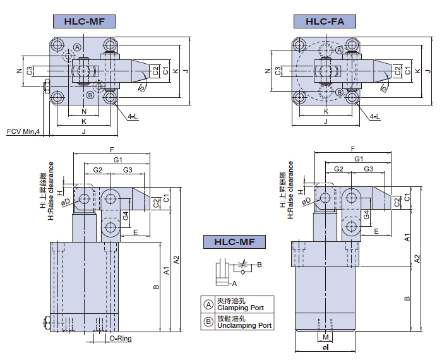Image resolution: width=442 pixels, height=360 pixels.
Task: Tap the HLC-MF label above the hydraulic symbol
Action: pos(234,241)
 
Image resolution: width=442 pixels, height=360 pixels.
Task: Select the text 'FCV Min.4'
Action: pos(23,131)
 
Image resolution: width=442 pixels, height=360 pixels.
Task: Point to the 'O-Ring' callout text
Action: pos(120,339)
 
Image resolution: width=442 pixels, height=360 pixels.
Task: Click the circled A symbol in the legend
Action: pos(208,304)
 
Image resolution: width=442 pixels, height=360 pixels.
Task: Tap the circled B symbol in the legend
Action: pos(208,321)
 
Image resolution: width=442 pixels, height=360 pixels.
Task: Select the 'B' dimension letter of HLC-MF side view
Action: pos(155,287)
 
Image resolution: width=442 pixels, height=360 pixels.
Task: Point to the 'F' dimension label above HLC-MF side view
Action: pos(112,150)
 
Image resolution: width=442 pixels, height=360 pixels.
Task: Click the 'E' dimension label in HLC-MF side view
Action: pos(136,232)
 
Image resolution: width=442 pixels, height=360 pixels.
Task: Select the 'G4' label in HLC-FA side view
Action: pos(366,215)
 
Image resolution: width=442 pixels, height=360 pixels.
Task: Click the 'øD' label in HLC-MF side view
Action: pos(66,203)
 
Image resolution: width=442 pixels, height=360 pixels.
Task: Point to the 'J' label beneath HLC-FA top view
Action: pos(325,121)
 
